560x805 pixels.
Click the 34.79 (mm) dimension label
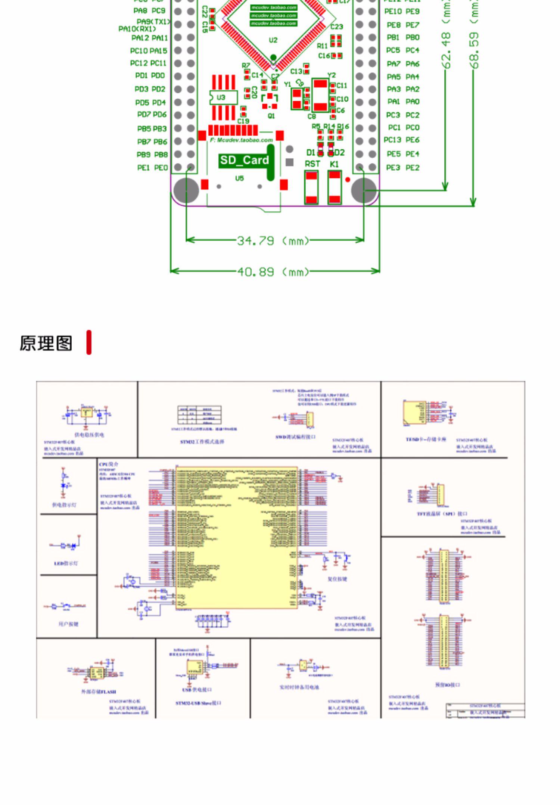273,240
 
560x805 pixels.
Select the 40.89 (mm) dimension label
273,271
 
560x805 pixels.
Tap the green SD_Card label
244,160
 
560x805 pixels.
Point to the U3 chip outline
223,97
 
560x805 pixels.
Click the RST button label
312,164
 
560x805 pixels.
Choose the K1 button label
334,164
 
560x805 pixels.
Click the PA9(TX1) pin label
153,22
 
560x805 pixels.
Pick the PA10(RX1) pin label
137,29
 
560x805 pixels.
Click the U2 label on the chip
273,40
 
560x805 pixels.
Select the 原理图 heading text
46,343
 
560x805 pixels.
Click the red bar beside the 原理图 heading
89,342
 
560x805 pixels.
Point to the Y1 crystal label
287,84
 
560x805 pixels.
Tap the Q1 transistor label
271,116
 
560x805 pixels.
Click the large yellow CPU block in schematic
237,538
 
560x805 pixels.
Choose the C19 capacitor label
243,121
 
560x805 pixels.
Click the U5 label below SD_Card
239,178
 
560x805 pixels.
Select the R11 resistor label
322,46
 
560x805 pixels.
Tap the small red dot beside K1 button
348,180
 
